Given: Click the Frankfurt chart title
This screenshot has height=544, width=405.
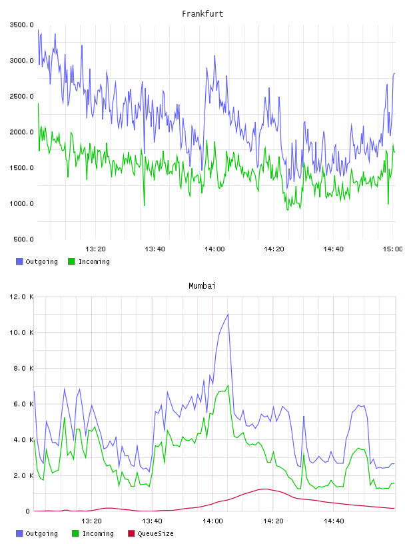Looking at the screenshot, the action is tap(202, 14).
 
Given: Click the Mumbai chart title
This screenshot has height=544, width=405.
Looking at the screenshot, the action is tap(202, 286).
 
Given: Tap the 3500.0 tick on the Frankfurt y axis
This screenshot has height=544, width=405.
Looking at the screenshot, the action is tap(21, 25).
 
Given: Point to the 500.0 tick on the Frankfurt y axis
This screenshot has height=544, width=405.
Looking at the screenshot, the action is tap(23, 239).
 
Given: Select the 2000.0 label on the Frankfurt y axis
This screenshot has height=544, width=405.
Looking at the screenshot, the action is tap(21, 132).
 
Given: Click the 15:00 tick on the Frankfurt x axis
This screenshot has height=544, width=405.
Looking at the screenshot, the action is tap(392, 249).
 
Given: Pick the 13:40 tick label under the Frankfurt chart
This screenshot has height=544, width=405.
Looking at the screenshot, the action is tap(155, 249).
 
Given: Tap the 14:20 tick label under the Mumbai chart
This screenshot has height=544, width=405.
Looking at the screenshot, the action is tap(273, 521).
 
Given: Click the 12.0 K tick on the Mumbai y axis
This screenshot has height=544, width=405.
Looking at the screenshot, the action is tap(21, 297).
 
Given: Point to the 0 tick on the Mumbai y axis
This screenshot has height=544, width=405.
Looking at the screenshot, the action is tap(27, 511).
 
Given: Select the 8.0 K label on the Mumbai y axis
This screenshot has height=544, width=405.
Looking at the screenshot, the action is tap(23, 368).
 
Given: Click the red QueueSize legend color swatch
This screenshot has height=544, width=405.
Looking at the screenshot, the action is tap(131, 533).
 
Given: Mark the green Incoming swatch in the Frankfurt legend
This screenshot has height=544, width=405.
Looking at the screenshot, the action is tap(71, 261).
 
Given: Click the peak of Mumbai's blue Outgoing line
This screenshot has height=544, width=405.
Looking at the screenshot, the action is tap(228, 314).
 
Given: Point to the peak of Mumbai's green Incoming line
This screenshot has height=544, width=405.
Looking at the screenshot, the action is tap(228, 385).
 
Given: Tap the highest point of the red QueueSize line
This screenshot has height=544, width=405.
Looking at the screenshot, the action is tap(265, 489).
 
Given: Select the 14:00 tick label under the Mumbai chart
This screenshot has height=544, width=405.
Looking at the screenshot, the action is tap(212, 521).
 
